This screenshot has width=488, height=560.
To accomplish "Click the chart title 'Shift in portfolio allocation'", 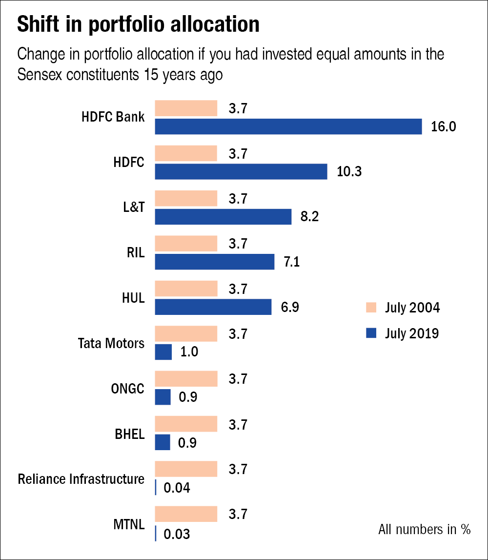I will [138, 25].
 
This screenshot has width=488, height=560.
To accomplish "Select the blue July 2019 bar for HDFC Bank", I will [288, 126].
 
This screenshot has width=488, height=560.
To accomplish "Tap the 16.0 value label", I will [443, 127].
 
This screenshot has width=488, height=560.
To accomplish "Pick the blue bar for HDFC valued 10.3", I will [241, 172].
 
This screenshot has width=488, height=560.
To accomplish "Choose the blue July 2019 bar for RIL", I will [214, 262].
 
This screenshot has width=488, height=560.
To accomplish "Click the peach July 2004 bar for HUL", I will [186, 289].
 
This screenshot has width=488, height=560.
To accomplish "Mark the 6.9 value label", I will [289, 307].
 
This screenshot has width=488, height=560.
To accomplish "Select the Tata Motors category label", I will [111, 343].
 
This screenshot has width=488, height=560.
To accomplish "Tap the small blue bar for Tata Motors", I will [163, 352].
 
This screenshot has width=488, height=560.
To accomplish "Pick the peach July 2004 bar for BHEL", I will [186, 424].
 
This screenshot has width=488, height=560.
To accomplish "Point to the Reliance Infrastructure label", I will [81, 479].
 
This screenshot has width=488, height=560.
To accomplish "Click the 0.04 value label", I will [177, 487].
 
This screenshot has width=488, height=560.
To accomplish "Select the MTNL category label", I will [129, 524].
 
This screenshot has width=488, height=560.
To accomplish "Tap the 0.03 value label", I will [177, 534].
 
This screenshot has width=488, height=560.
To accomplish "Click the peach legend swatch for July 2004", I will [371, 308].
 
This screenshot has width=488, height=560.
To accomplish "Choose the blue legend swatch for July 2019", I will [371, 333].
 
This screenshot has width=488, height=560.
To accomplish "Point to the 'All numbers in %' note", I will [424, 529].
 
